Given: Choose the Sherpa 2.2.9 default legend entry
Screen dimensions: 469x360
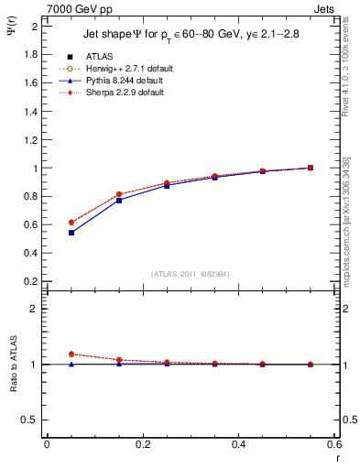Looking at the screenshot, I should (119, 93).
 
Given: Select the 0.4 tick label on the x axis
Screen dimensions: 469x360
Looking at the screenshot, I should (238, 444).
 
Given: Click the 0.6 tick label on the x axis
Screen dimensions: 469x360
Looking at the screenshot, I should (334, 444).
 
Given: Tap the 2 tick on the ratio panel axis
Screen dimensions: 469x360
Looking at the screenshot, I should (32, 310).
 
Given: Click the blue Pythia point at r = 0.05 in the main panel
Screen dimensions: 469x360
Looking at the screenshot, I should (71, 233).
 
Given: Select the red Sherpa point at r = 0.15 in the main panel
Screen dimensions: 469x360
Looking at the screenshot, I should (119, 194).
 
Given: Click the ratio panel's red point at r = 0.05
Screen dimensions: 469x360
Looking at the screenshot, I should (71, 354).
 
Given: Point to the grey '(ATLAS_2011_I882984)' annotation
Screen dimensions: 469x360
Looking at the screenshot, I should (191, 274).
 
